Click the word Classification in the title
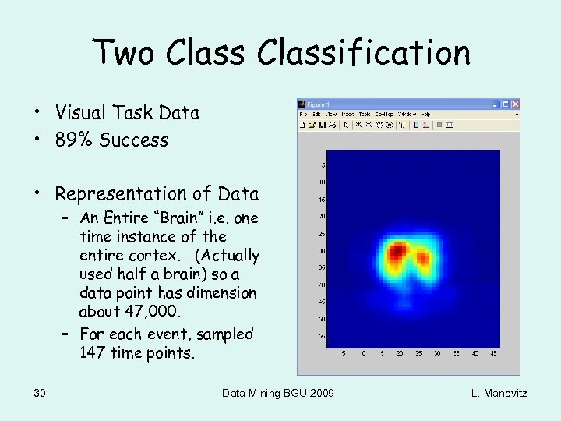[365, 53]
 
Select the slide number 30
[40, 393]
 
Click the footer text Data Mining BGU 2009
[278, 393]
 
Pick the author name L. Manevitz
[499, 393]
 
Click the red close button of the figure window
[514, 104]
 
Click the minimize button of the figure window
[496, 104]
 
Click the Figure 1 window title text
[319, 104]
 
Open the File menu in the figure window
[302, 114]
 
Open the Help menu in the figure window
[425, 114]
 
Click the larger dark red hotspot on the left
[398, 250]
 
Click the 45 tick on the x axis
[492, 352]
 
